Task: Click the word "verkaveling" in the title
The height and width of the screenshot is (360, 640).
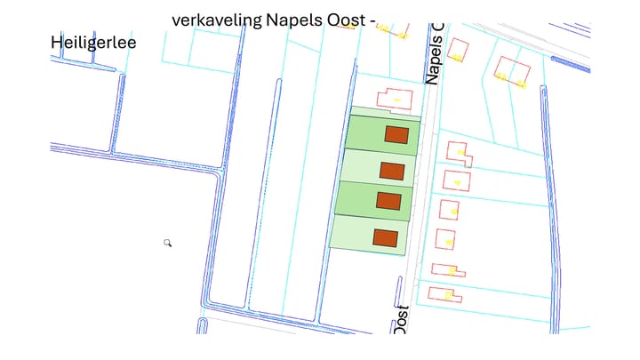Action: coord(210,20)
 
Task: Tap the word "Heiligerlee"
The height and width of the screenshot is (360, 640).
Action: coord(92,41)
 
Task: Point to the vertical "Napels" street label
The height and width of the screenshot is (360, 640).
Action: coord(433,55)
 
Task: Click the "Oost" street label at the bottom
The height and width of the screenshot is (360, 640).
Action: coord(401,321)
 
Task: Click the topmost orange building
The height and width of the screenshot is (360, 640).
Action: coord(396,135)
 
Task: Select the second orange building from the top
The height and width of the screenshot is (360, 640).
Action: coord(392,170)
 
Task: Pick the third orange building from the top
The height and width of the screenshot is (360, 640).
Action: coord(388,200)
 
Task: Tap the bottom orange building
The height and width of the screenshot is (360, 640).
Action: coord(385,237)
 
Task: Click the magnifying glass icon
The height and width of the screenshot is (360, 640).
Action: coord(167,242)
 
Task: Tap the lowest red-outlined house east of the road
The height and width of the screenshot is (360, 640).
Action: coord(444,293)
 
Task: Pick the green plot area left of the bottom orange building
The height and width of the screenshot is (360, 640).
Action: coord(351,235)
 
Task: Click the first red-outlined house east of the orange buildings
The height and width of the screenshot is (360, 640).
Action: coord(458,152)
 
